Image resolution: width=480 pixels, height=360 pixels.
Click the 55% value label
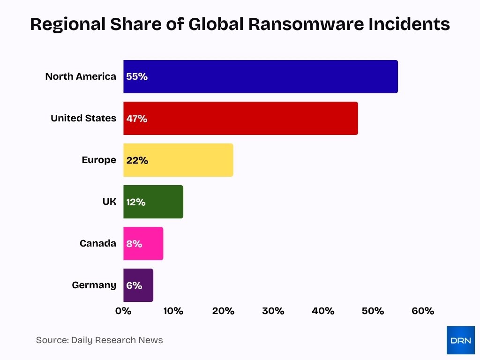(x=137, y=77)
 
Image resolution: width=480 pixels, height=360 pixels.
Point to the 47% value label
(x=137, y=119)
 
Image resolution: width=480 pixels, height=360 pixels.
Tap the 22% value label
(x=137, y=160)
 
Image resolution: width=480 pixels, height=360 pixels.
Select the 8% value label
(x=134, y=244)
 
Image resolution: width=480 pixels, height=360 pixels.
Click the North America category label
(x=81, y=76)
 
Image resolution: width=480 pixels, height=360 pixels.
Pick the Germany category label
(x=94, y=285)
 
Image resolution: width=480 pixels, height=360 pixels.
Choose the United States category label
(x=83, y=118)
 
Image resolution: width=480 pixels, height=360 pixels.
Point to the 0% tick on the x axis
(x=123, y=311)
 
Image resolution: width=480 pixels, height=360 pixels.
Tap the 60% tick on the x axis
(x=423, y=311)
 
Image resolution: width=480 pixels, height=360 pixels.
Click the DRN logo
(x=460, y=340)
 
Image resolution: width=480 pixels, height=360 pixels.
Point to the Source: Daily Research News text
(x=99, y=340)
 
